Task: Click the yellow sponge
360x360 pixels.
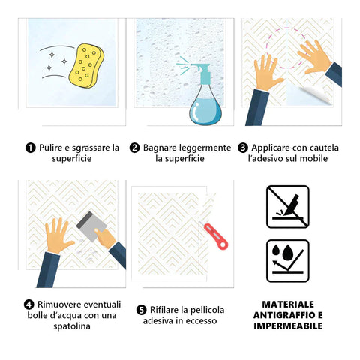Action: [x=86, y=66]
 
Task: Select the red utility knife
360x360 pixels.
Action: [x=216, y=236]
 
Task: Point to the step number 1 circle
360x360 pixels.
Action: [x=31, y=148]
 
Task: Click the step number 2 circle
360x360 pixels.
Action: [x=134, y=148]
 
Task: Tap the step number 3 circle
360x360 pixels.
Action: [x=243, y=148]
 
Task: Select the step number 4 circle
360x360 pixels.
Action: [x=29, y=304]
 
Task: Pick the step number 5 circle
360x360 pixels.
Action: [x=142, y=310]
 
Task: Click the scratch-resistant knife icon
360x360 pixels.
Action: [x=288, y=207]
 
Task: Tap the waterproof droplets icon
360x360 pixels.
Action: [x=288, y=261]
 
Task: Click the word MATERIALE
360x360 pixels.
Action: [x=288, y=304]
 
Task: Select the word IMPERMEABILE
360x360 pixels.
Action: [x=288, y=326]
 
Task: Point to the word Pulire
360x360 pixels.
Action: [x=51, y=148]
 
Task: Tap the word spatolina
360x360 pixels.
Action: [x=72, y=326]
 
